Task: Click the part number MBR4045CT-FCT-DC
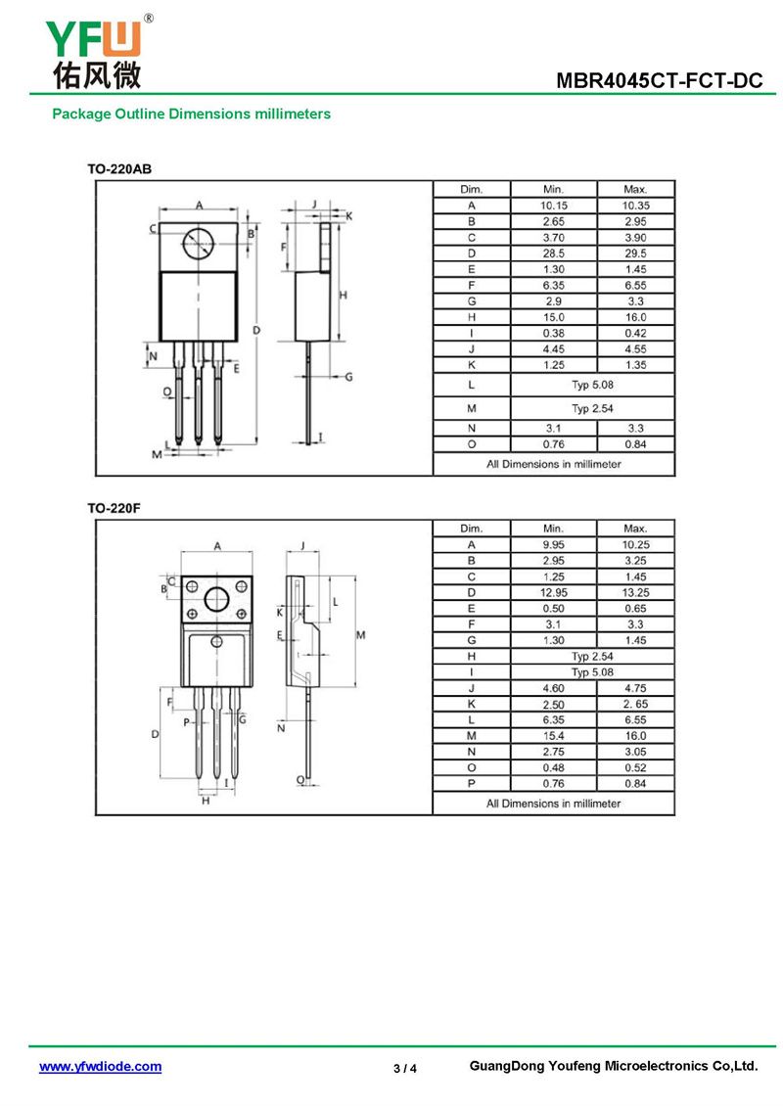(659, 80)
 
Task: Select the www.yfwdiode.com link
(100, 1067)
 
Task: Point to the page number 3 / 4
(405, 1068)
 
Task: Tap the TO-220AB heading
(119, 169)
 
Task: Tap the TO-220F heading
(114, 508)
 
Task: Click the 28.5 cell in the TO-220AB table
(554, 253)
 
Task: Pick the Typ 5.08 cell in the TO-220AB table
(592, 385)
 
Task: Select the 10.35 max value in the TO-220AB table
(635, 206)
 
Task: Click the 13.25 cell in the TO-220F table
(635, 592)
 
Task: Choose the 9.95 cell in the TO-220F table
(554, 544)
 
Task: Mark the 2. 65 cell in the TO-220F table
(635, 704)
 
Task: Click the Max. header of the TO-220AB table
(635, 189)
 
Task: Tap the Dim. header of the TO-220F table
(471, 529)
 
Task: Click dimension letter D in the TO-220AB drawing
(256, 330)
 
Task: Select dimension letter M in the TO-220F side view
(360, 635)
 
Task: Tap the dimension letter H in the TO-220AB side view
(344, 295)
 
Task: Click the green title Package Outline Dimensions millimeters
(191, 114)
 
